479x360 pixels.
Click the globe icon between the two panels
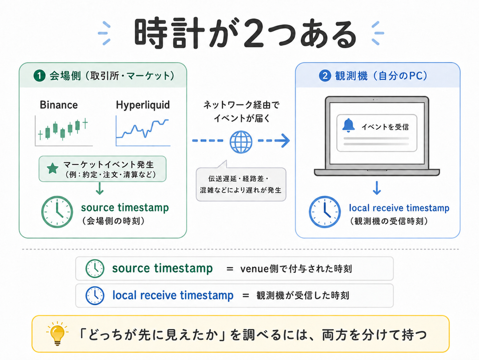pos(241,142)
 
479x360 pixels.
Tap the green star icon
pos(52,169)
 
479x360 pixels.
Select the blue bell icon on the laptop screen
pos(348,125)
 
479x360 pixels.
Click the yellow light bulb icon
pos(57,333)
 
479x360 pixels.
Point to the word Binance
pos(58,105)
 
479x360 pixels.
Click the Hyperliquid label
pos(143,105)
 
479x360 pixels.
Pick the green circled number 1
pos(39,76)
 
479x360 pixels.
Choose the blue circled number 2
pos(325,76)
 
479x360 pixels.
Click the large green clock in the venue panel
pos(57,212)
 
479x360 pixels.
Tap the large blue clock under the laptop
pos(325,212)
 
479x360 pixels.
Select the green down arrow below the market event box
pos(100,189)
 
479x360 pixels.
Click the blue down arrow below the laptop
pos(377,188)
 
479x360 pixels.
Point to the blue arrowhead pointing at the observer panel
pos(284,140)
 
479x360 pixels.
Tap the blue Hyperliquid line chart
pos(143,131)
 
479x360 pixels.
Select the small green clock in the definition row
pos(94,269)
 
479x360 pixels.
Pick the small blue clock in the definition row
pos(94,295)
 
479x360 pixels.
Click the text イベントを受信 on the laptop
pos(385,126)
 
